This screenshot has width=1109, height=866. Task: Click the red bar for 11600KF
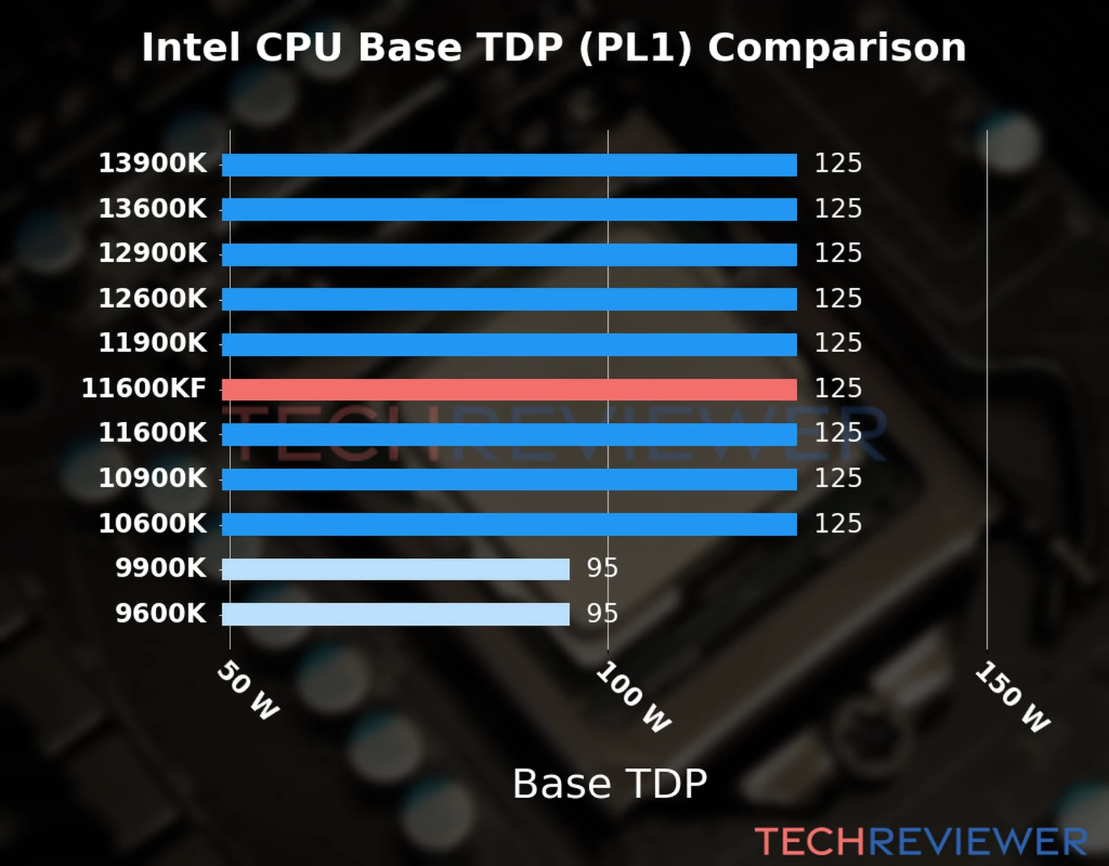click(509, 390)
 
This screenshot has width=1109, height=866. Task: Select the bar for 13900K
click(509, 165)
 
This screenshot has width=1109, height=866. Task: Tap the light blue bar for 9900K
click(396, 569)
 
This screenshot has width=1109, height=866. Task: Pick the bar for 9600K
click(396, 614)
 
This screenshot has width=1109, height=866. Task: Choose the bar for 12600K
click(509, 299)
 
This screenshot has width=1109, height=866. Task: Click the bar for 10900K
click(509, 479)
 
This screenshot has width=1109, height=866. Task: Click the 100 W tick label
click(633, 697)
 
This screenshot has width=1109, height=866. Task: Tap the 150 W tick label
click(1012, 697)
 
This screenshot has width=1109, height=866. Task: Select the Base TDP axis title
click(609, 784)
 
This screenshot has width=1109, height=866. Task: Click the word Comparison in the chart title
click(836, 48)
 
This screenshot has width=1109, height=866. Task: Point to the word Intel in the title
click(191, 48)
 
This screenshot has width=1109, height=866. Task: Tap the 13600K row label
click(152, 209)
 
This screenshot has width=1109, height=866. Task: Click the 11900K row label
click(152, 343)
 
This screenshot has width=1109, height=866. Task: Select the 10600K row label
click(152, 523)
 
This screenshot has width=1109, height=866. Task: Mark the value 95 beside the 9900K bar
click(602, 569)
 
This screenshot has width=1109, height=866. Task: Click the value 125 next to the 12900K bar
click(838, 253)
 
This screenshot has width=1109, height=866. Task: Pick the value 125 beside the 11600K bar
click(838, 433)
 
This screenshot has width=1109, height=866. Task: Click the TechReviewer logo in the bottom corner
click(921, 841)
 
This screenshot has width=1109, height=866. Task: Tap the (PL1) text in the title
click(635, 48)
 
